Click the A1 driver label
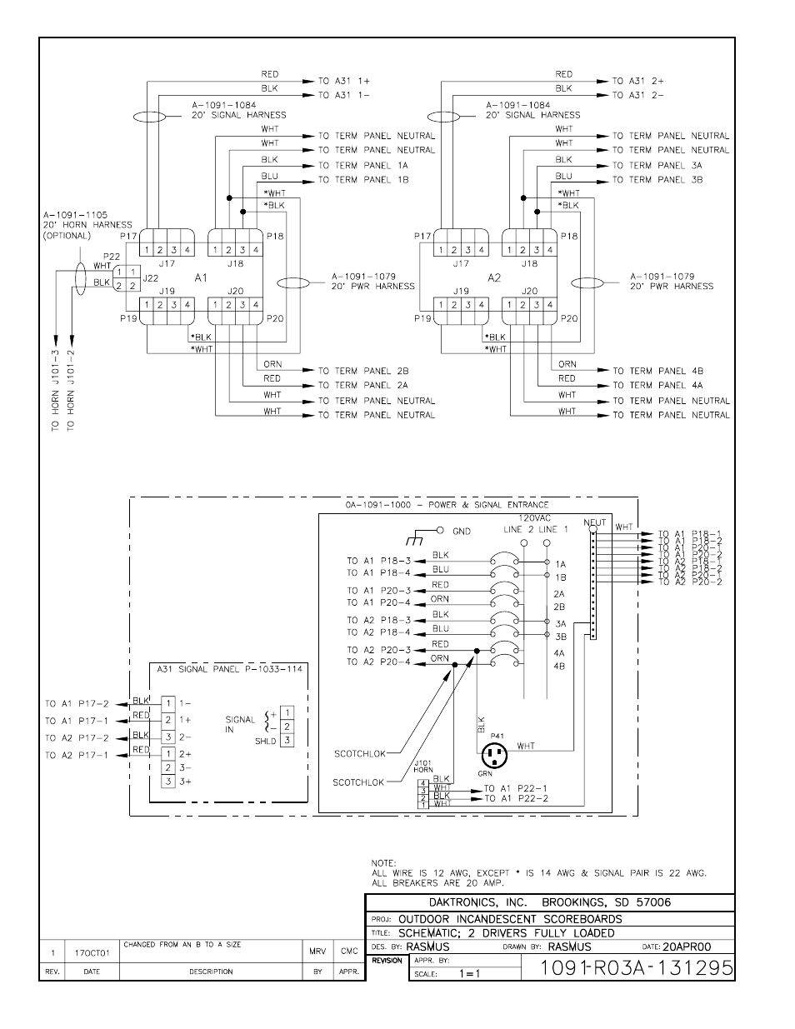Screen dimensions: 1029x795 pyautogui.click(x=201, y=278)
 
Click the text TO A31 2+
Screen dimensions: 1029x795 pyautogui.click(x=637, y=81)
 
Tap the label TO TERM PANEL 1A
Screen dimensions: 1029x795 pyautogui.click(x=363, y=165)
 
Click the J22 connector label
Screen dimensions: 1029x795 pyautogui.click(x=151, y=278)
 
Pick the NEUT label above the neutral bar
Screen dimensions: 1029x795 pyautogui.click(x=595, y=523)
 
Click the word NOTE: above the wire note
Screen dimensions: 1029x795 pyautogui.click(x=385, y=863)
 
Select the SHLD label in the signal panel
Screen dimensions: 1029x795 pyautogui.click(x=265, y=740)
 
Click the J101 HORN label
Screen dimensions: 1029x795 pyautogui.click(x=423, y=767)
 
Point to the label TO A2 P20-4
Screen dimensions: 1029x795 pyautogui.click(x=379, y=662)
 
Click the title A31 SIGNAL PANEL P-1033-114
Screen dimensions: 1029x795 pyautogui.click(x=229, y=668)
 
